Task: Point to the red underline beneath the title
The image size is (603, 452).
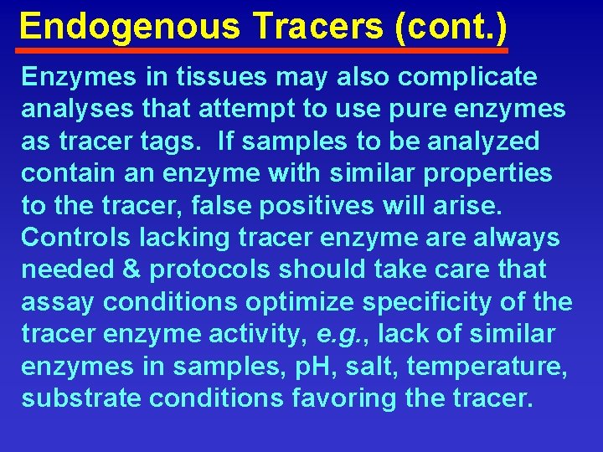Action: [263, 51]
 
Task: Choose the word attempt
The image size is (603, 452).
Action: [250, 109]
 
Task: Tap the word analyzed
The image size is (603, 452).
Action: [483, 141]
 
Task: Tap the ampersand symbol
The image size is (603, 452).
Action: [136, 270]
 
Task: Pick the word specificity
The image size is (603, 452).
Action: [436, 301]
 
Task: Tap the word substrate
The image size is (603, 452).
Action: [77, 398]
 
